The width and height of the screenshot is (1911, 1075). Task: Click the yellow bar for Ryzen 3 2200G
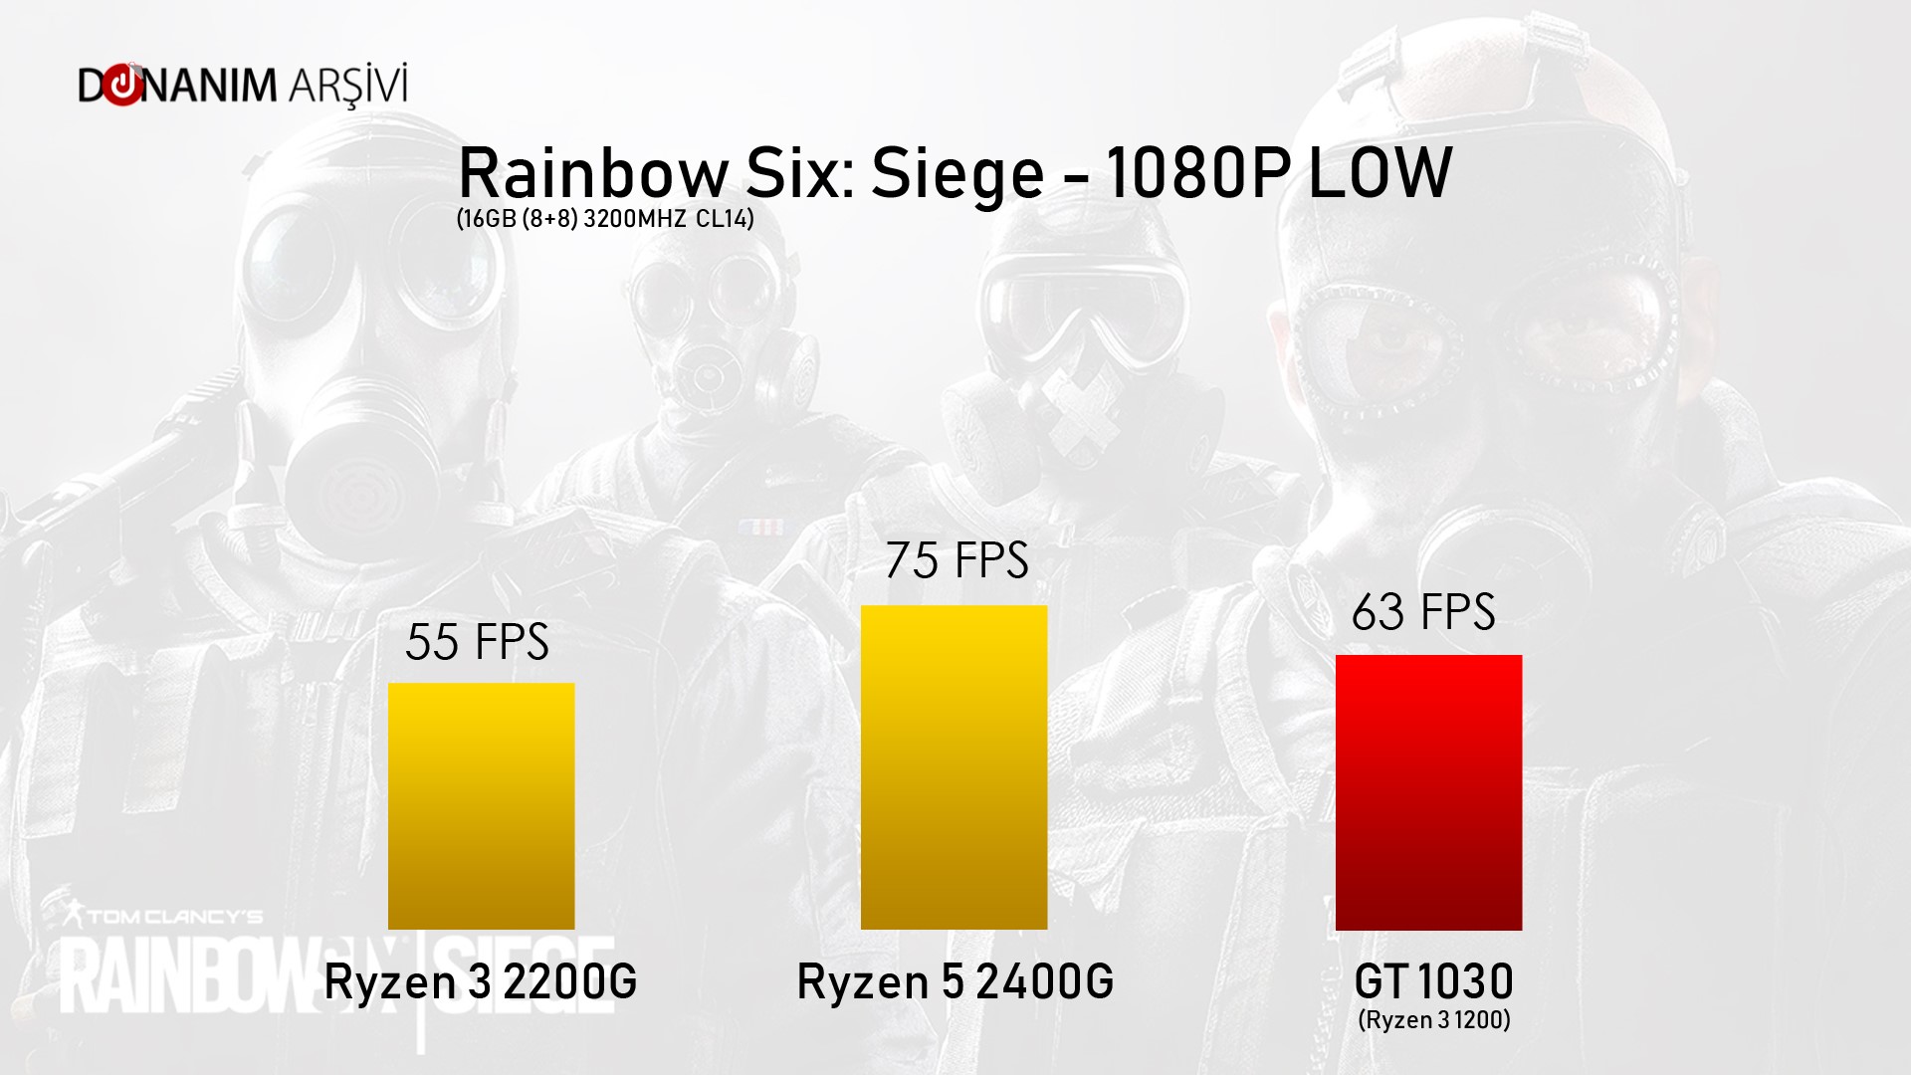tap(481, 806)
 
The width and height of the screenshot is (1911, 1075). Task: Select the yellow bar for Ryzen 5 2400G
tap(954, 767)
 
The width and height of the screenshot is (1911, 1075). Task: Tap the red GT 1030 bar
tap(1428, 792)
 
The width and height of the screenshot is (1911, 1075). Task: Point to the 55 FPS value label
tap(477, 642)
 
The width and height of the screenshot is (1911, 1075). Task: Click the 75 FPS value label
tap(956, 560)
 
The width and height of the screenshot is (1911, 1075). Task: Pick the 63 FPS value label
tap(1423, 612)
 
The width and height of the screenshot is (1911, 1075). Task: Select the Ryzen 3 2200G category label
tap(481, 982)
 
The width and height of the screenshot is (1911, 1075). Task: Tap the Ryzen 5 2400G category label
tap(955, 982)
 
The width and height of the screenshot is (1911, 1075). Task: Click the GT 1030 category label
tap(1433, 982)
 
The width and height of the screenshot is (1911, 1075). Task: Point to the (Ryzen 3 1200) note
tap(1433, 1020)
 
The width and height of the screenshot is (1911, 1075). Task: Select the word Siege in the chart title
tap(956, 175)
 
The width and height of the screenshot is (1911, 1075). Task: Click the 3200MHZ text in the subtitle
tap(634, 219)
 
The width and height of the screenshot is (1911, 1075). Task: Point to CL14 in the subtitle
tap(725, 219)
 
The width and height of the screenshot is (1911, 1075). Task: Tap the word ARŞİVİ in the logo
tap(348, 86)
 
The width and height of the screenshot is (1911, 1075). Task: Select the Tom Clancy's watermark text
tap(174, 916)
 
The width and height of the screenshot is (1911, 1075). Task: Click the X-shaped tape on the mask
tap(1080, 418)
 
